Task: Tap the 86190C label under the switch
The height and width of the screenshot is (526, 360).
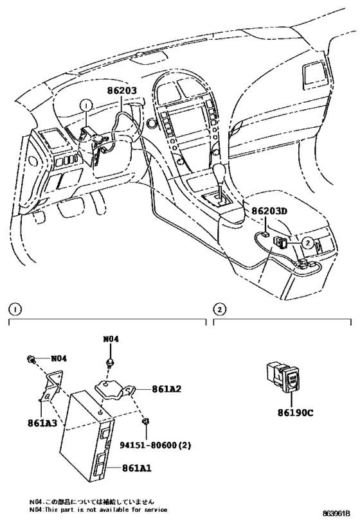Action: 296,414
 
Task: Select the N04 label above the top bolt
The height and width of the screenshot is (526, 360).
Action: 111,338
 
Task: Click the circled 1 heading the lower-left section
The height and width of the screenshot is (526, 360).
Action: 14,309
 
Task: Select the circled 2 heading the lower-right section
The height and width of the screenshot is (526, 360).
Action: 219,309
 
